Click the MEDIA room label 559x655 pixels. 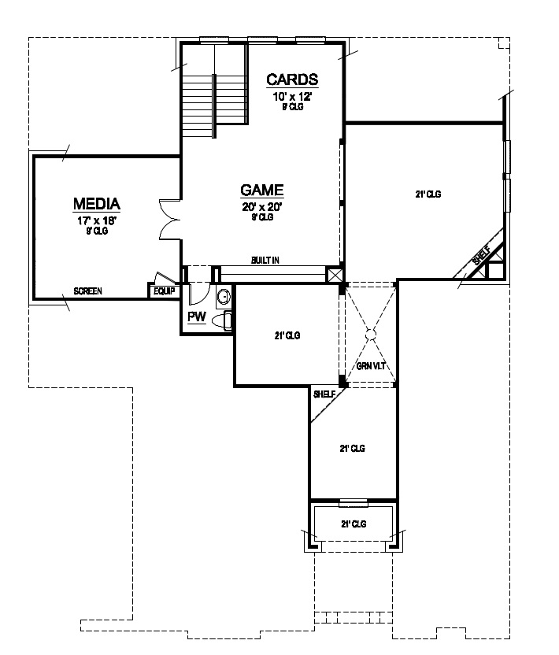click(x=97, y=205)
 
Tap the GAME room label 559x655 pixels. click(x=261, y=190)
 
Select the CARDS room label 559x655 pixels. click(x=292, y=79)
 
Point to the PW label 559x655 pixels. click(x=196, y=317)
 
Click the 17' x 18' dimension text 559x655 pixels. click(x=98, y=221)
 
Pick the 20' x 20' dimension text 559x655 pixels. click(x=261, y=207)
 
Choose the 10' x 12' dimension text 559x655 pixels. click(x=293, y=96)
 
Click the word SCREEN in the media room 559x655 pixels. click(x=87, y=291)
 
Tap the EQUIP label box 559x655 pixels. click(x=165, y=291)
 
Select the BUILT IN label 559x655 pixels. click(x=265, y=260)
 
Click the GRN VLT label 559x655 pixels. click(x=370, y=366)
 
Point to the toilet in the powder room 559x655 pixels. click(x=227, y=320)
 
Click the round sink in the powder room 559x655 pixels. click(x=224, y=297)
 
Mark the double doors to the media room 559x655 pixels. click(x=168, y=218)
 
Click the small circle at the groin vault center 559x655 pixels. click(x=372, y=334)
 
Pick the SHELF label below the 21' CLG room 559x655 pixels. click(x=324, y=394)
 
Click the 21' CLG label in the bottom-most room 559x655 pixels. click(x=354, y=524)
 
